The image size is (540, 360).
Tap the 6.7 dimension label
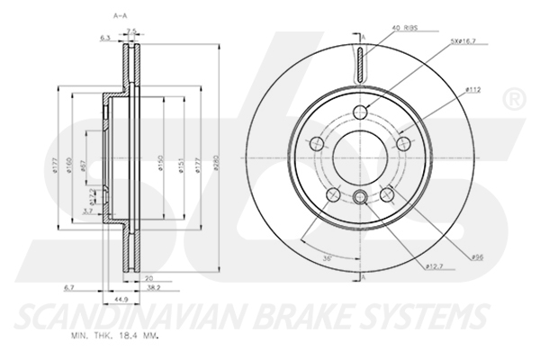coord(70,286)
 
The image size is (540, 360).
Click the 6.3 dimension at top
coord(104,38)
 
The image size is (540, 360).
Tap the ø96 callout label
coord(478,257)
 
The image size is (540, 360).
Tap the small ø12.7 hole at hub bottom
coord(360,199)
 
